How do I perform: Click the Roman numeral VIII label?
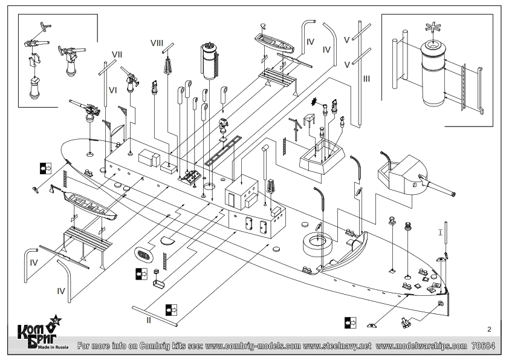pos(157,43)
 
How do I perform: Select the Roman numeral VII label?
pos(117,54)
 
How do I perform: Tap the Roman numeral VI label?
pos(112,90)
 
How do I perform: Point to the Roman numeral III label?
pos(366,79)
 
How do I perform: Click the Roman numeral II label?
pos(149,320)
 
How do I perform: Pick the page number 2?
pos(489,329)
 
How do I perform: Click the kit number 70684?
pos(484,345)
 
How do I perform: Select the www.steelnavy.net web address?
pos(337,346)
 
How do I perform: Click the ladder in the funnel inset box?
pos(463,87)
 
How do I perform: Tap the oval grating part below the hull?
pos(144,254)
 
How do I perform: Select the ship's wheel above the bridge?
pos(314,102)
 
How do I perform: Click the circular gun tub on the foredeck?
pos(317,244)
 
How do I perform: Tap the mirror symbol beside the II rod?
pos(171,310)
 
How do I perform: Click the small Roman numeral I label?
pos(440,232)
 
